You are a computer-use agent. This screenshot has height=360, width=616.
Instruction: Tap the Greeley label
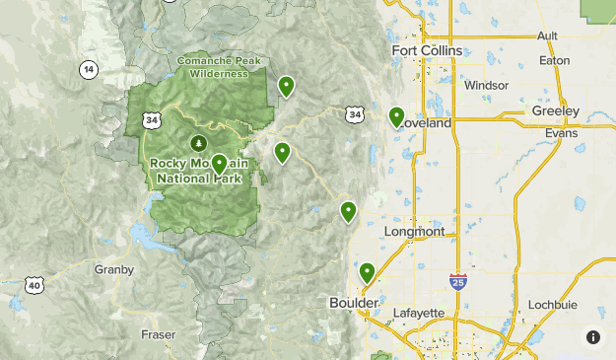click(x=555, y=110)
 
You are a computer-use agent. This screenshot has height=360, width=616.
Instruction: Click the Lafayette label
click(x=419, y=314)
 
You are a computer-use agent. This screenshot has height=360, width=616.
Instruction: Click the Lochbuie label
click(x=551, y=304)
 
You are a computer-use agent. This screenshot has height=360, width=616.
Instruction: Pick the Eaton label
click(x=555, y=60)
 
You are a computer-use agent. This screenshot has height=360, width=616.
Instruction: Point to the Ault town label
click(x=547, y=36)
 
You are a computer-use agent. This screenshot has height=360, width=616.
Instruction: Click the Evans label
click(x=560, y=132)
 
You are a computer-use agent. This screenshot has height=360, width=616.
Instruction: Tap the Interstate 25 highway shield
click(x=457, y=282)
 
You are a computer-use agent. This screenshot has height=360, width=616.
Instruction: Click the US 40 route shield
click(x=34, y=286)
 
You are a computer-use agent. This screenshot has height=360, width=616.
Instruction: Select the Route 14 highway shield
click(x=89, y=69)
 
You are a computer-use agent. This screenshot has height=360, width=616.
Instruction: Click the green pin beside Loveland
click(x=396, y=117)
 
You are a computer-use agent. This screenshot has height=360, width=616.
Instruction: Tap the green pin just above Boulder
click(x=367, y=272)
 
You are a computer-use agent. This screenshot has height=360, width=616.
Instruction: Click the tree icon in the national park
click(x=196, y=143)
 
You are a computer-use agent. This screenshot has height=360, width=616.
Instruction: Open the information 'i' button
click(x=593, y=337)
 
